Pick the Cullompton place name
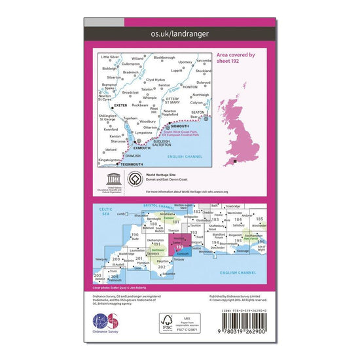(131, 63)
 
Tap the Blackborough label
(164, 58)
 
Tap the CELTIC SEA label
(103, 209)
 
